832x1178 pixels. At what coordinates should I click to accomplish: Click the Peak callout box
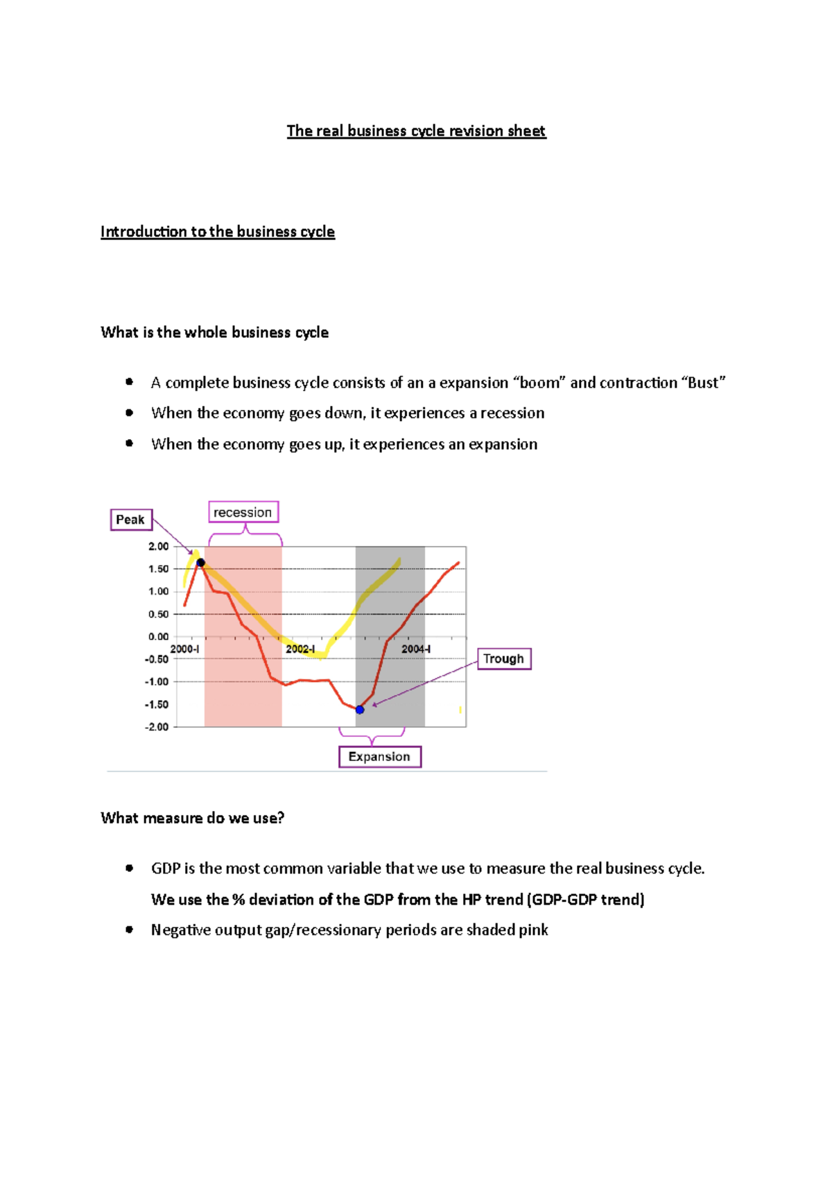click(131, 520)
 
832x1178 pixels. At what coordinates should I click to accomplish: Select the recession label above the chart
click(243, 512)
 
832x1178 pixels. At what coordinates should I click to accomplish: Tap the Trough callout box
click(504, 658)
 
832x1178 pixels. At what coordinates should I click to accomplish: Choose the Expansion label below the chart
click(379, 756)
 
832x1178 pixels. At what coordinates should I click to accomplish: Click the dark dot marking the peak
click(200, 563)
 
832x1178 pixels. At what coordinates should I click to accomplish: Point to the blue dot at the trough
click(360, 710)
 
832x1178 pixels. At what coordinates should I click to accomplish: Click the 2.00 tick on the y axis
click(158, 547)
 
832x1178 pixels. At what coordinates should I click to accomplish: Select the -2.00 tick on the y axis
click(157, 727)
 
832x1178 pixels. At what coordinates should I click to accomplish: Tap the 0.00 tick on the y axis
click(158, 637)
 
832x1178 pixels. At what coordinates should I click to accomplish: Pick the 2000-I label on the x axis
click(185, 649)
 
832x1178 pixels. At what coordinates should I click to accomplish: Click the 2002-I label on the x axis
click(300, 649)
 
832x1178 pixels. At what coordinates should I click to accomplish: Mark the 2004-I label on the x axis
click(416, 649)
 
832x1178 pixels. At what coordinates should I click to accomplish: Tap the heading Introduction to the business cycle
click(218, 232)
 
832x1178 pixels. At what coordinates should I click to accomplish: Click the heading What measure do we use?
click(192, 818)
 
